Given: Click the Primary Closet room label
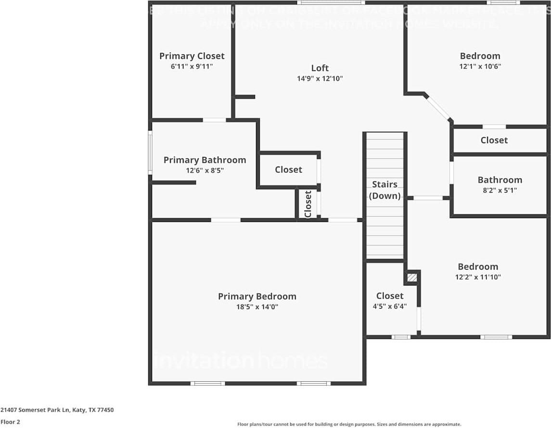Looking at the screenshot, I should (x=192, y=56).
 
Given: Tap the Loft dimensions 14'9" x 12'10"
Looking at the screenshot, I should (x=320, y=78).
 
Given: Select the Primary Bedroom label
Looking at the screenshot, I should (x=257, y=297).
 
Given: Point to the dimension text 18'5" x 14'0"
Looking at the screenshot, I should (x=257, y=307).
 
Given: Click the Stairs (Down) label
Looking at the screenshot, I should (x=384, y=190).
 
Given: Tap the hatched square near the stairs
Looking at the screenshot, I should (x=412, y=277).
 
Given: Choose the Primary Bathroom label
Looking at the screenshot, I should (x=205, y=160).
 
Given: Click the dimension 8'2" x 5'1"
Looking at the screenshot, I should (x=500, y=190).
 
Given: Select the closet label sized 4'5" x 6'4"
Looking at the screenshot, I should (x=390, y=296).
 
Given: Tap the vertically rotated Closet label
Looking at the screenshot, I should (x=308, y=204).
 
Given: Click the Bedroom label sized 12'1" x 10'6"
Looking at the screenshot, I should (x=480, y=56).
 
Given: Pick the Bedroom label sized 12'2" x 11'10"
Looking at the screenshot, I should (x=478, y=267).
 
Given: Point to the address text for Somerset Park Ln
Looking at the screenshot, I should (x=57, y=410).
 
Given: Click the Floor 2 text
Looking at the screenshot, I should (x=10, y=422).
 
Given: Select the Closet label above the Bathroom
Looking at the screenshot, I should (x=494, y=140).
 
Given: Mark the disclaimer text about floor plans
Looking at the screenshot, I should (x=349, y=424).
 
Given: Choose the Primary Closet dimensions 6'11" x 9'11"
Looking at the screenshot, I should (x=192, y=66).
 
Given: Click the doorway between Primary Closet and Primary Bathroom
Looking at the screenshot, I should (x=214, y=120).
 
